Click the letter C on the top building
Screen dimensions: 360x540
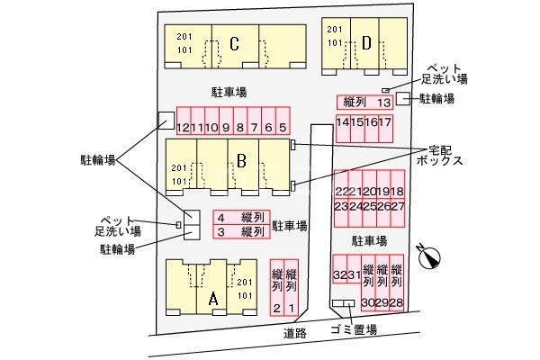pos(233,43)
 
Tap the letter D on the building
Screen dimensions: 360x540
pos(366,41)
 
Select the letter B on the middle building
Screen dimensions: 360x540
pos(241,161)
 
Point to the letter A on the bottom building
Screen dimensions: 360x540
pos(213,299)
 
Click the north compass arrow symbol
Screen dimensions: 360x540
pos(429,256)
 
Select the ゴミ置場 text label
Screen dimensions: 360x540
pos(353,331)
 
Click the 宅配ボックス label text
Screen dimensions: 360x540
pos(439,155)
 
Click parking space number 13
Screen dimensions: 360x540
pos(383,103)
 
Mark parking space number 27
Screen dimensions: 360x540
pos(397,206)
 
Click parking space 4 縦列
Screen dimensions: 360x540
pos(242,217)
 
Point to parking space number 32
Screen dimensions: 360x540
pos(339,275)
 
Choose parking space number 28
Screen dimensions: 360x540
pos(396,302)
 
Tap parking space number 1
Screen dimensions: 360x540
pos(291,309)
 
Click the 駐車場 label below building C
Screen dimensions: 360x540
pos(229,92)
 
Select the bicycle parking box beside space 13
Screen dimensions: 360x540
pos(404,98)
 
